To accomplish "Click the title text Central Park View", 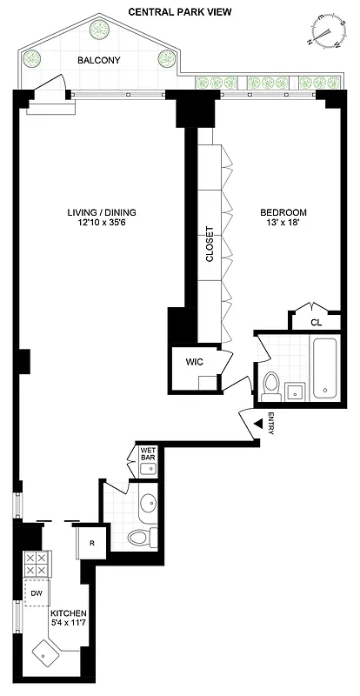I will coord(179,11).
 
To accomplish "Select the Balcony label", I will coord(98,60).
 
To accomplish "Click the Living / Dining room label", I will coord(102,212).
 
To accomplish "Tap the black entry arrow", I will coord(259,424).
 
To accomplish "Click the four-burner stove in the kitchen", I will coord(37,564).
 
